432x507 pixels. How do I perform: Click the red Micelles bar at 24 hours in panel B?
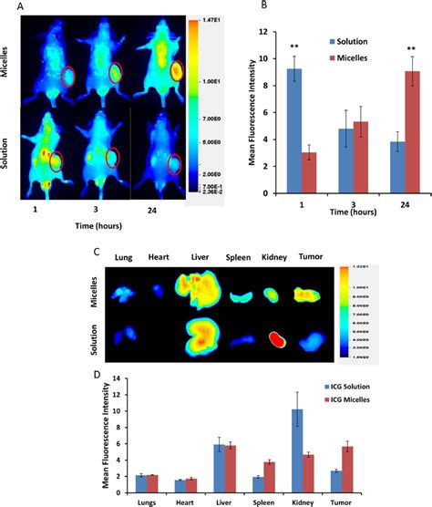387,132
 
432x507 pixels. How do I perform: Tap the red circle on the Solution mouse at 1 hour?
57,161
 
